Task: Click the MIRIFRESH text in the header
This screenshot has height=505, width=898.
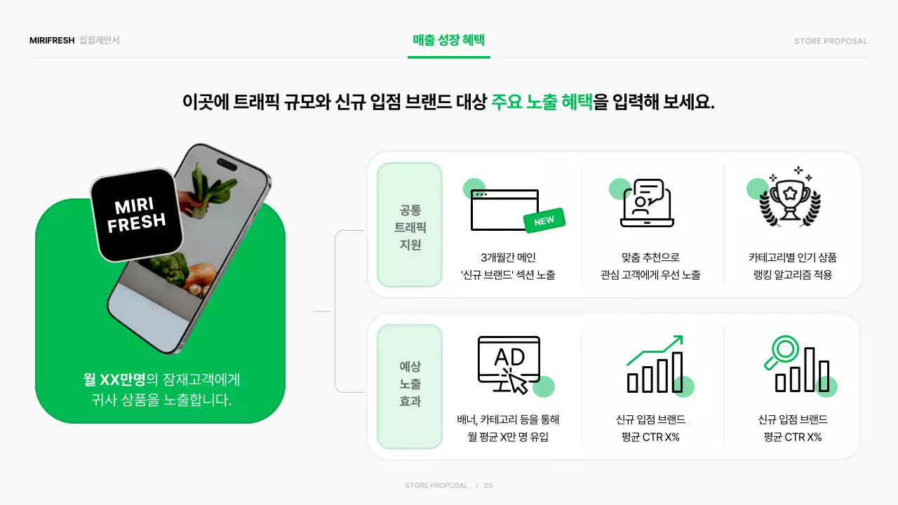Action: pyautogui.click(x=52, y=41)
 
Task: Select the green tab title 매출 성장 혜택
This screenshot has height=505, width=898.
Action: pyautogui.click(x=449, y=40)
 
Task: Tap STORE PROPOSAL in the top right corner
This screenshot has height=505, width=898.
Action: pyautogui.click(x=831, y=41)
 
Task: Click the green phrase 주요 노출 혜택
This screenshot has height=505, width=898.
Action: pyautogui.click(x=542, y=102)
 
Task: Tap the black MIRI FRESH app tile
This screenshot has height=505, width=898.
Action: pyautogui.click(x=137, y=215)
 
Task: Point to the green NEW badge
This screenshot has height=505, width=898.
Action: pyautogui.click(x=544, y=221)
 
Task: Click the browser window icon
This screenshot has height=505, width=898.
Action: pyautogui.click(x=504, y=209)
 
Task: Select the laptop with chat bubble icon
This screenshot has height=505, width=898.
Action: pyautogui.click(x=647, y=204)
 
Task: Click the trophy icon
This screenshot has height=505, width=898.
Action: pyautogui.click(x=790, y=199)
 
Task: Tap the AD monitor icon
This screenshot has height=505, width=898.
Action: pyautogui.click(x=509, y=363)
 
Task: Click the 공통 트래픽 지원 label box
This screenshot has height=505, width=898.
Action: pyautogui.click(x=410, y=226)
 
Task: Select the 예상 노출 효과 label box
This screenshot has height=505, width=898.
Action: pyautogui.click(x=410, y=385)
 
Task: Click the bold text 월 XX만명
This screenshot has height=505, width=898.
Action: pyautogui.click(x=114, y=380)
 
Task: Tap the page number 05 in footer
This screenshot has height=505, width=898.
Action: pyautogui.click(x=488, y=485)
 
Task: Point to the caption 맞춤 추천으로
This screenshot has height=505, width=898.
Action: pyautogui.click(x=650, y=257)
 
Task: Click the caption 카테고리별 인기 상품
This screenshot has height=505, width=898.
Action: pyautogui.click(x=793, y=257)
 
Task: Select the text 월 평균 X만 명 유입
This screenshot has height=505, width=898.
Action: pyautogui.click(x=508, y=437)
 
